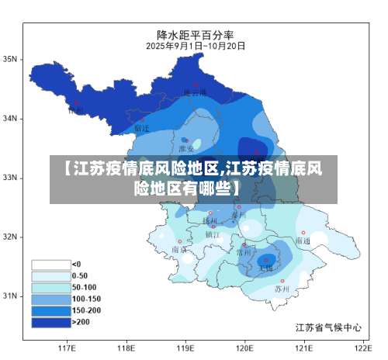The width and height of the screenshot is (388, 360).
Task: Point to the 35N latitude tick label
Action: (x=11, y=59)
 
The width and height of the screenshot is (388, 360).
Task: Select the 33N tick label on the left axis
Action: (x=11, y=178)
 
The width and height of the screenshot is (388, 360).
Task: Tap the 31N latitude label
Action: (x=11, y=296)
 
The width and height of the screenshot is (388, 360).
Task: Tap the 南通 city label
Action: (x=302, y=241)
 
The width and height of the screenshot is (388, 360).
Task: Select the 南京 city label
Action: (x=179, y=250)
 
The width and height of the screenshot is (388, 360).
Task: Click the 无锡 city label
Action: (x=265, y=268)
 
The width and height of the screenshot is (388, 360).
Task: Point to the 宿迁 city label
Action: (x=142, y=128)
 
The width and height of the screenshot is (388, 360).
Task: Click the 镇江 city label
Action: (x=213, y=234)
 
